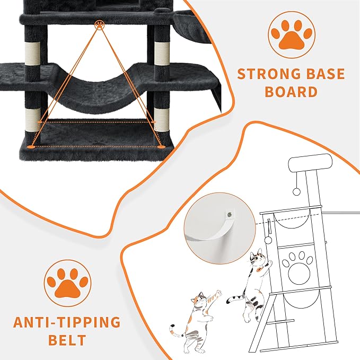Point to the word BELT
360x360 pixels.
[67, 340]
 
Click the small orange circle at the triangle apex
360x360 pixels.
[99, 24]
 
